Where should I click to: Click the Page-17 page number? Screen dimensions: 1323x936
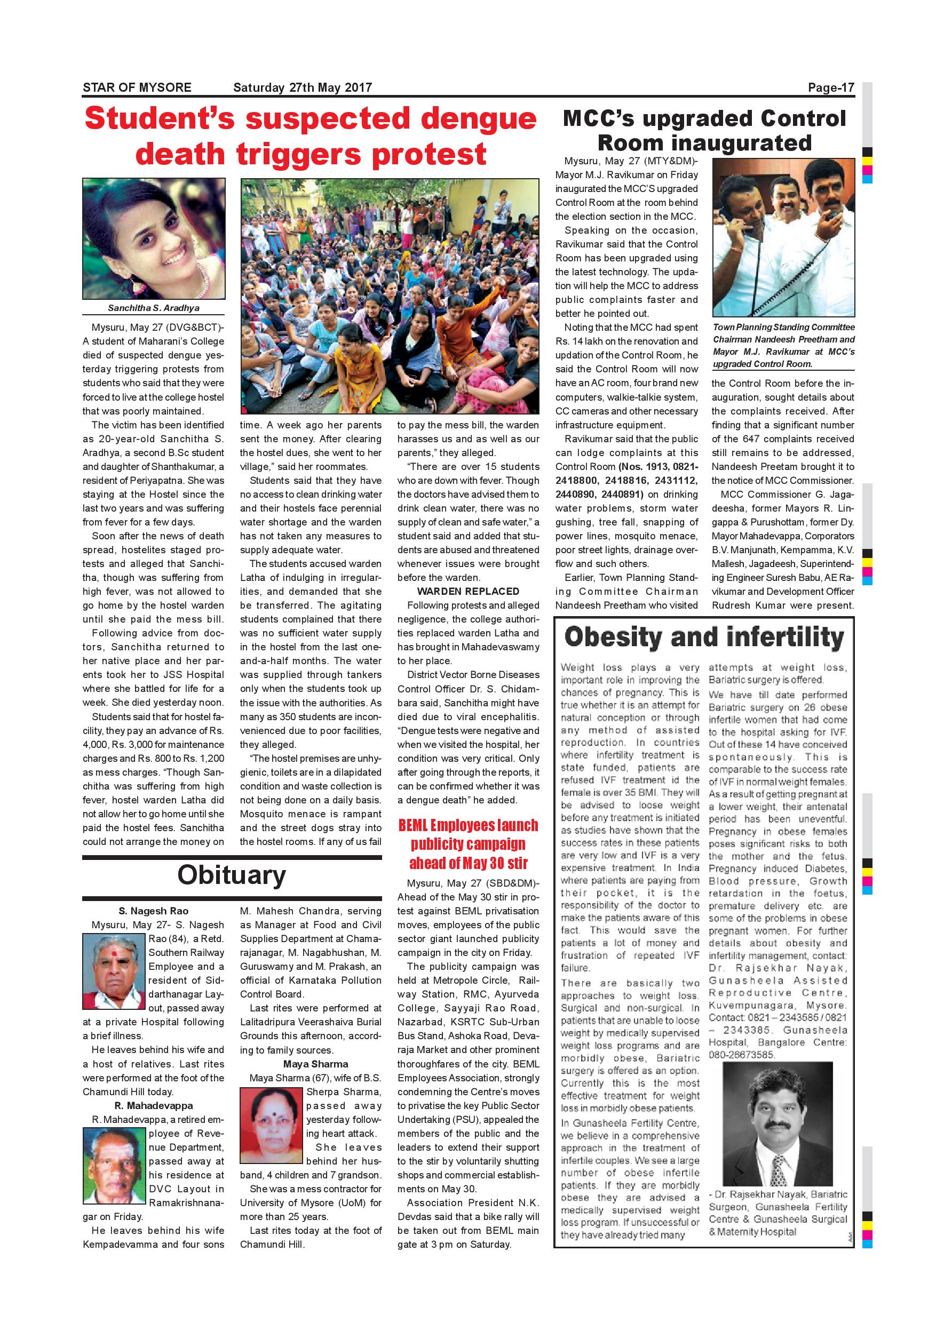coord(830,87)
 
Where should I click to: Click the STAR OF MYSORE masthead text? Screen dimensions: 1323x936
coord(137,87)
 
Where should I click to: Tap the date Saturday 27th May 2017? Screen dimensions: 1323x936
coord(303,87)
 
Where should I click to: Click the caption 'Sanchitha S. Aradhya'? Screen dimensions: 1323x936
coord(153,308)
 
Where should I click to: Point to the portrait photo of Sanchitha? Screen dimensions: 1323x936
coord(154,238)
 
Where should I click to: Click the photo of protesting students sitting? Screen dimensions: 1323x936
coord(390,296)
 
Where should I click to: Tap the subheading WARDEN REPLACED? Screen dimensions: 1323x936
coord(468,591)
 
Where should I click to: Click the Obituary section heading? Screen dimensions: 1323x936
coord(231,875)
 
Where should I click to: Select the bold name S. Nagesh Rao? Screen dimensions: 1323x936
coord(153,911)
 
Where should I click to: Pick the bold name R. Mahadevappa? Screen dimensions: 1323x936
coord(153,1106)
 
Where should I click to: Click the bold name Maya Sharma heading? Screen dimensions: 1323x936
coord(315,1064)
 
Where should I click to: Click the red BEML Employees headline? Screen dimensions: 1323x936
coord(468,843)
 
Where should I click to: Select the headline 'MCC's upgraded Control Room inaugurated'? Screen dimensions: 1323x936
coord(704,130)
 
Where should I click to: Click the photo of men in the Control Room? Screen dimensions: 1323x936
coord(783,237)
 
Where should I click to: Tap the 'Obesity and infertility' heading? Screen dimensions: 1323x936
coord(704,637)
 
